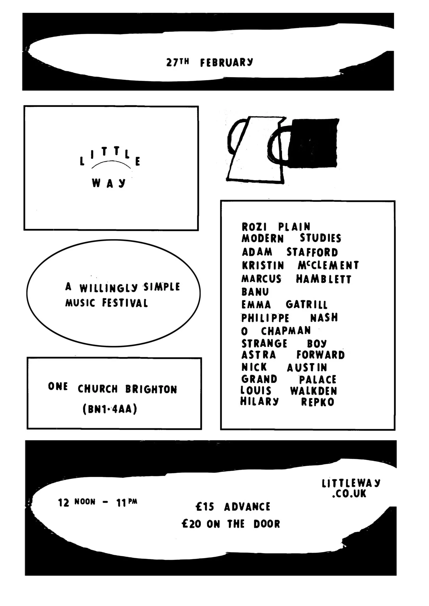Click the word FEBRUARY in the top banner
(227, 62)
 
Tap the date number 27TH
(178, 62)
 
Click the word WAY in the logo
(109, 183)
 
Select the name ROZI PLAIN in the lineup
(276, 227)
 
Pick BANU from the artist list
(255, 292)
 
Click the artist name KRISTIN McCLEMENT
(300, 265)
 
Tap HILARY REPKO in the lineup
(287, 402)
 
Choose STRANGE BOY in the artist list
(284, 343)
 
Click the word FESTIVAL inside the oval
(125, 303)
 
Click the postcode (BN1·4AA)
(110, 409)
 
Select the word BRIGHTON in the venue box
(151, 389)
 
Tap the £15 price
(205, 507)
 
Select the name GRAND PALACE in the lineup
(289, 379)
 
